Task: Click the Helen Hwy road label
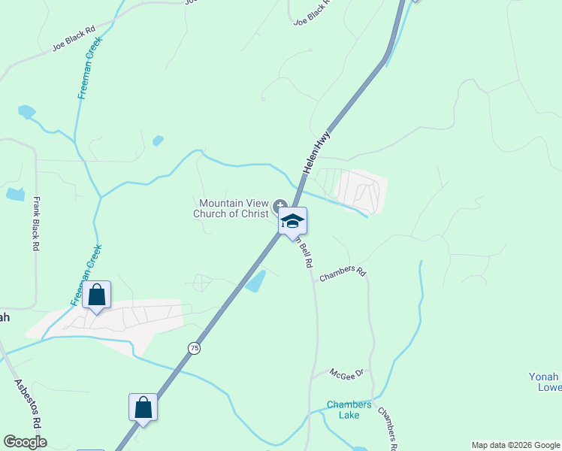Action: tap(317, 153)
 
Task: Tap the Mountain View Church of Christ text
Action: tap(233, 208)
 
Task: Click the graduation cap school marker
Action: tap(292, 221)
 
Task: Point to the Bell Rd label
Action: tap(304, 253)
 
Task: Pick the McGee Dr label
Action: tap(347, 372)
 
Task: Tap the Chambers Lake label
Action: tap(349, 410)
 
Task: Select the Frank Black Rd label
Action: tap(35, 223)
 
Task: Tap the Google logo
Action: tap(25, 442)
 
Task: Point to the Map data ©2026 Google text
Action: tap(515, 445)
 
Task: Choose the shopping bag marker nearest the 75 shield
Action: tap(143, 408)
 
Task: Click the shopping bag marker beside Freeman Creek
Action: tap(97, 295)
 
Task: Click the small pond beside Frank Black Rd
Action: tap(15, 194)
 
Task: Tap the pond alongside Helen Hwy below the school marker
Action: tap(255, 281)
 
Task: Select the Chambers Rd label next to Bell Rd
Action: tap(342, 274)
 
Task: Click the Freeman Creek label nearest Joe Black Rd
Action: tap(89, 68)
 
